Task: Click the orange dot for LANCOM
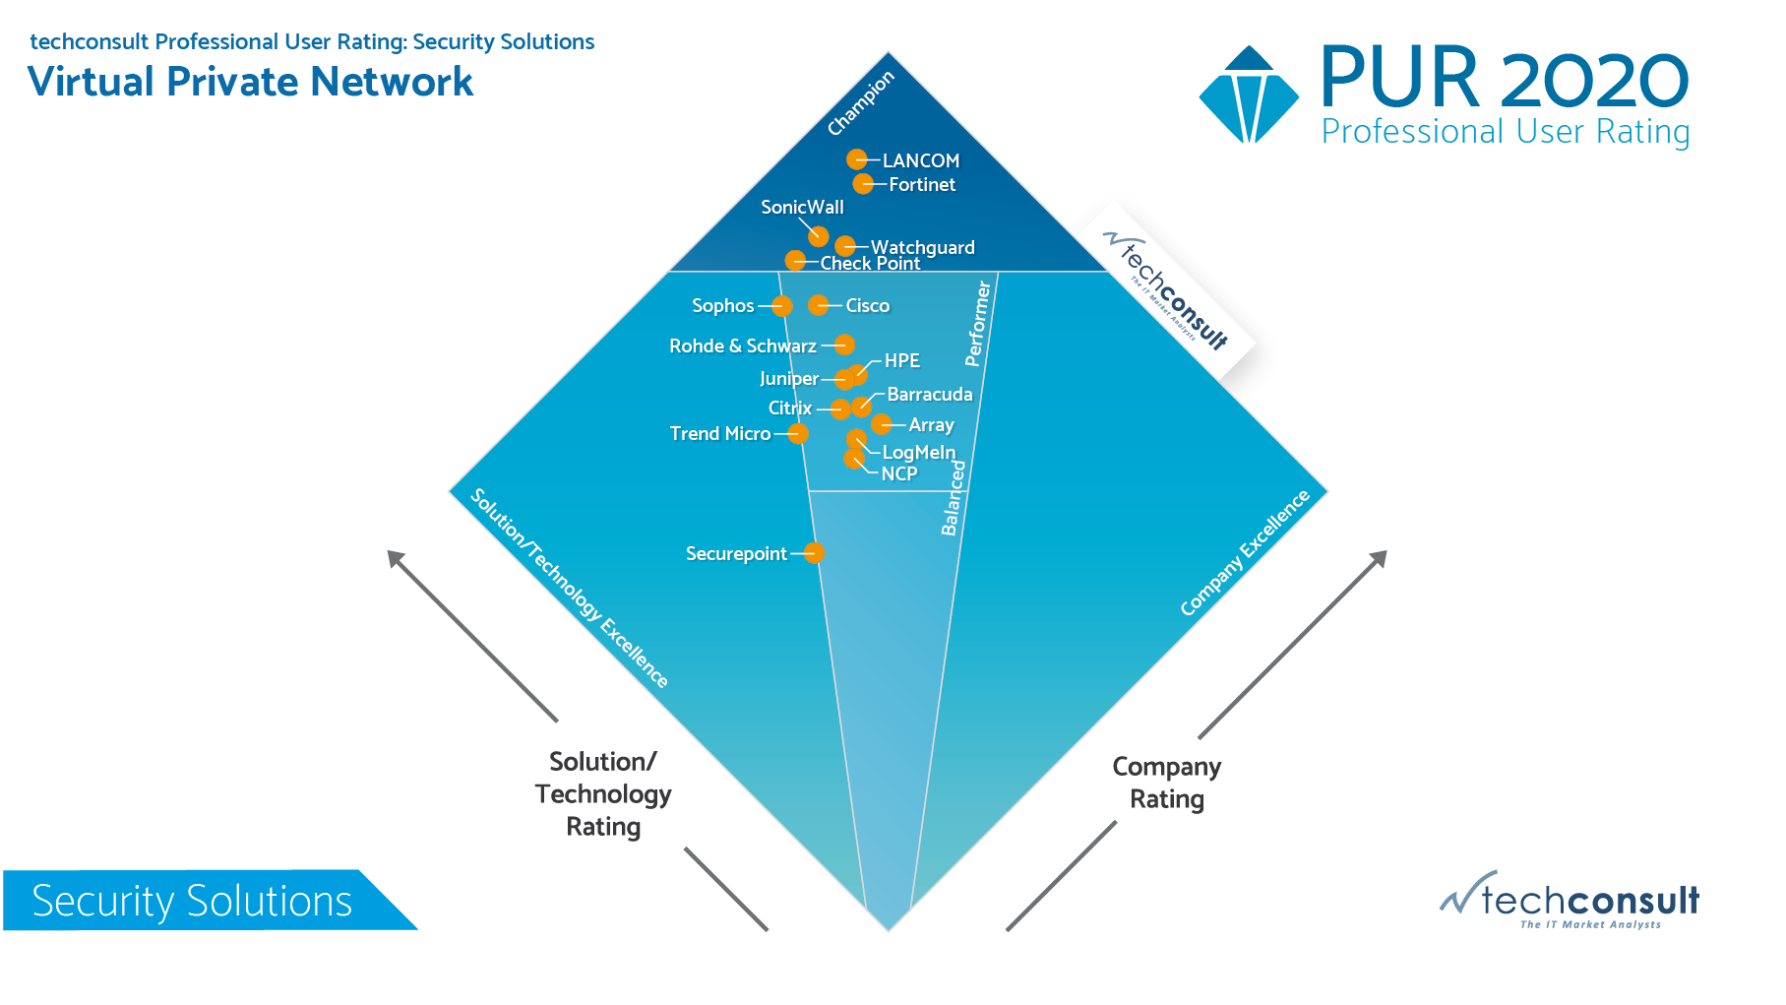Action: (x=857, y=159)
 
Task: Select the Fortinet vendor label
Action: (x=922, y=184)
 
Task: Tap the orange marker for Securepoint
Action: (x=814, y=553)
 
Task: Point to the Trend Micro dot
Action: (x=798, y=433)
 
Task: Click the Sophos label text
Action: (x=722, y=306)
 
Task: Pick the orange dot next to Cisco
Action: (x=819, y=305)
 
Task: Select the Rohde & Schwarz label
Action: (x=743, y=345)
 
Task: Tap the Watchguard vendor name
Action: (x=923, y=247)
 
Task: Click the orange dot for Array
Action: (x=882, y=424)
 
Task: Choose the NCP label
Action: (x=899, y=473)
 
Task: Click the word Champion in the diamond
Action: (x=861, y=103)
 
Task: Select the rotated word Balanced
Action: (x=953, y=498)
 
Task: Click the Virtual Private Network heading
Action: (x=251, y=82)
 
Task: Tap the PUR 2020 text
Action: (x=1505, y=78)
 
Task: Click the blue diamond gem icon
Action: (x=1249, y=94)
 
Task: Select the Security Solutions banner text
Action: (x=192, y=901)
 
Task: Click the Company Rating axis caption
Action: (x=1167, y=783)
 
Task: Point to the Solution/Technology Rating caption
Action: (x=603, y=794)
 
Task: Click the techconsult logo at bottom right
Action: (x=1570, y=900)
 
